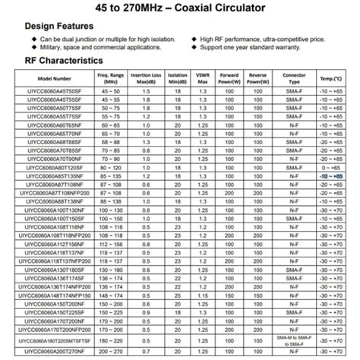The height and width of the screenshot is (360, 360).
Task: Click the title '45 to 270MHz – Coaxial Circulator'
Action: click(180, 8)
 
